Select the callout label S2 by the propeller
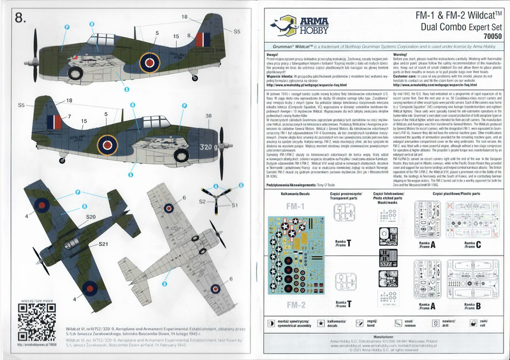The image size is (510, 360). click(x=201, y=201)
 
